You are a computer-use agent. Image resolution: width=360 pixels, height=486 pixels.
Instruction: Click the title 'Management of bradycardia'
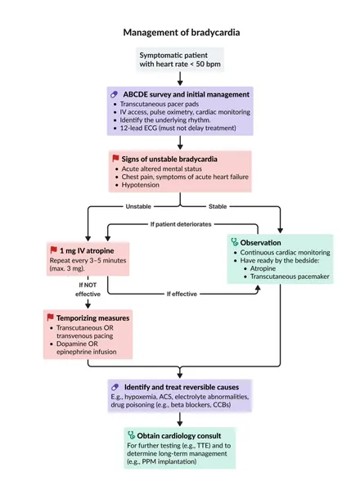(x=182, y=33)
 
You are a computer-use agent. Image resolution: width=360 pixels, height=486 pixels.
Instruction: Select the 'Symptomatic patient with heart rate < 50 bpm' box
(x=180, y=60)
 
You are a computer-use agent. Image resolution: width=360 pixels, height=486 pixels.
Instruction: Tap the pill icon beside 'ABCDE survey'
(x=114, y=94)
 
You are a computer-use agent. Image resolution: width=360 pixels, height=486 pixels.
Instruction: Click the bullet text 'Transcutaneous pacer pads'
(x=160, y=104)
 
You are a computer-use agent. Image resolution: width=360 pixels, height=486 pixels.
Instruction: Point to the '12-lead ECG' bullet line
(x=178, y=128)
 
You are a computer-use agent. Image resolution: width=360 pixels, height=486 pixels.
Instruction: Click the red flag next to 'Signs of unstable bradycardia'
(x=115, y=159)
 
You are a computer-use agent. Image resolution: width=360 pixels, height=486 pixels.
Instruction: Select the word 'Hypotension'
(x=140, y=185)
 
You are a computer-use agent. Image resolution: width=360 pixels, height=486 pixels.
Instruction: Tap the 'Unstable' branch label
(x=138, y=206)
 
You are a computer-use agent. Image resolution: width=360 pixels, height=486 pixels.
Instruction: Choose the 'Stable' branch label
(x=218, y=206)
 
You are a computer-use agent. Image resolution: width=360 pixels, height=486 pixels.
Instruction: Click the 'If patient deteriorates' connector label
(x=181, y=224)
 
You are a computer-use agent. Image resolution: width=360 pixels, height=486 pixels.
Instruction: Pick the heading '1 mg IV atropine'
(x=87, y=250)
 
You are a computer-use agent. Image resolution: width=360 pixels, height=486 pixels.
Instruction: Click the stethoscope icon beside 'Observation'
(x=235, y=242)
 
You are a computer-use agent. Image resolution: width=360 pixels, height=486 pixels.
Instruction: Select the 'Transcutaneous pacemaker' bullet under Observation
(x=290, y=277)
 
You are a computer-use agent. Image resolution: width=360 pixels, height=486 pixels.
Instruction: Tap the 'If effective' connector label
(x=182, y=294)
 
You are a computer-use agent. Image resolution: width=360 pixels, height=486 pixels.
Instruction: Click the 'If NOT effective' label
(x=88, y=289)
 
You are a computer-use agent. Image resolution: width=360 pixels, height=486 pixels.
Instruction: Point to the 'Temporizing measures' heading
(x=92, y=318)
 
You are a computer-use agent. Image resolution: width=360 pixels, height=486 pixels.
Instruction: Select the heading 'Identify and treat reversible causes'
(x=182, y=387)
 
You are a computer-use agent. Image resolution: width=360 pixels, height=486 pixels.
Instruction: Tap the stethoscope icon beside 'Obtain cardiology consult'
(x=131, y=435)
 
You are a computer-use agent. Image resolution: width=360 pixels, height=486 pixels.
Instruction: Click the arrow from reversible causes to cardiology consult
(x=180, y=420)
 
